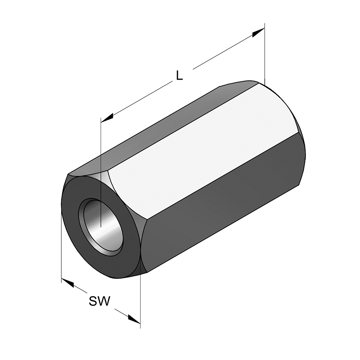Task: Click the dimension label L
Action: (179, 75)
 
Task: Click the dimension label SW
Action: (99, 301)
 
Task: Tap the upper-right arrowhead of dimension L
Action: (259, 33)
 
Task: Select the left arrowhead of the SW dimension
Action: (67, 282)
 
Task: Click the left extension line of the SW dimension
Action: (61, 248)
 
